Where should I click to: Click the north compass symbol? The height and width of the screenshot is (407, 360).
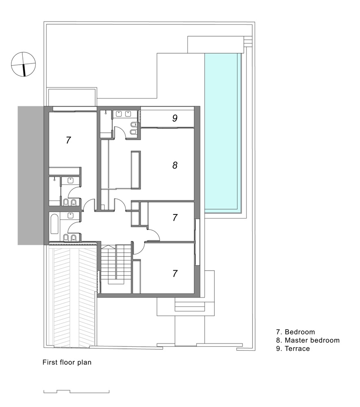point(23,64)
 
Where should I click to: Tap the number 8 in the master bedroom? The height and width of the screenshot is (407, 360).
point(175,165)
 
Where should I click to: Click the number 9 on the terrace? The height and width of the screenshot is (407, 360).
point(175,118)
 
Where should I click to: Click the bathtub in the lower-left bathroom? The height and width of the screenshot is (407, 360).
point(54,224)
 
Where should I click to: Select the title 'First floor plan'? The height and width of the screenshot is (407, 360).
point(67,362)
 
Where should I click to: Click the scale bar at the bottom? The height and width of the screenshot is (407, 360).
point(76,392)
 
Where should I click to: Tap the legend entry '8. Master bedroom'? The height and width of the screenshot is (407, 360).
point(308,340)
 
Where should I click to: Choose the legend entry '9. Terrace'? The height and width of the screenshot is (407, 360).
point(293,349)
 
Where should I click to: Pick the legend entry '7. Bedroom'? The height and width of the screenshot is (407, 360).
point(295,332)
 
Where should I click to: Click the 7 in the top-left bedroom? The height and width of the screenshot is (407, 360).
point(68,140)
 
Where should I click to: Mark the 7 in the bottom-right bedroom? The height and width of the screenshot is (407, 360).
point(175,274)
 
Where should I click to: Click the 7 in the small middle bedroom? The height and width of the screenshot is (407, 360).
point(175,217)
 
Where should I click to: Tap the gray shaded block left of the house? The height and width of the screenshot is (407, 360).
point(31,175)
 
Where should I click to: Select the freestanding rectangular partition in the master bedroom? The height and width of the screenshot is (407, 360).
point(136,170)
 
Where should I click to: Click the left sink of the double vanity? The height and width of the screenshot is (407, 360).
point(119,114)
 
